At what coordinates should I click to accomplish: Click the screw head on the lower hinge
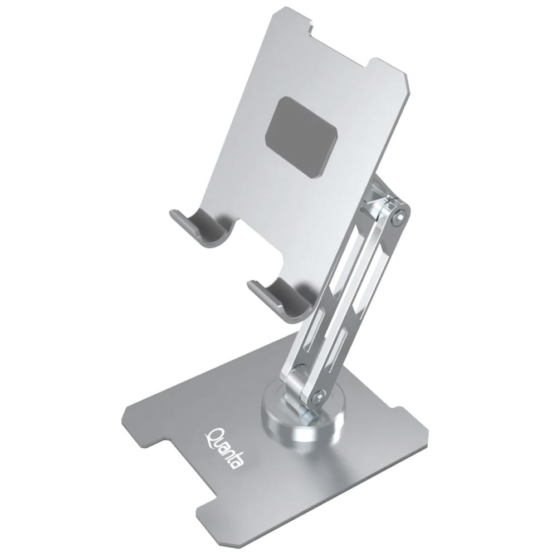tap(318, 397)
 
